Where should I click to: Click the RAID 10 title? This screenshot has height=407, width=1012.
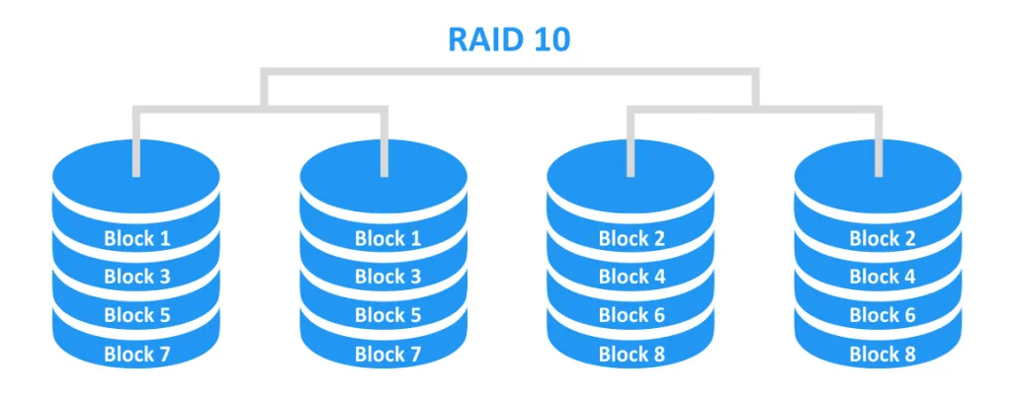(509, 40)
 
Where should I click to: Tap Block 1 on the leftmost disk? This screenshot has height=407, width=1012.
(137, 238)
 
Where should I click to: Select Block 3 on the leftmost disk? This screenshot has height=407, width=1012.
(137, 277)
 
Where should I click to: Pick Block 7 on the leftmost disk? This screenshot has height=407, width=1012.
(137, 354)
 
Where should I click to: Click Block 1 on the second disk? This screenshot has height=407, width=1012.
(387, 238)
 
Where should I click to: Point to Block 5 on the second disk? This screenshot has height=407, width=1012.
(387, 315)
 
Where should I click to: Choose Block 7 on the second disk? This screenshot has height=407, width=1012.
(387, 354)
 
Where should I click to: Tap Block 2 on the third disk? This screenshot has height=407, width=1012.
(632, 238)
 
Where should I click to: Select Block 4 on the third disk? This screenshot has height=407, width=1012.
(632, 277)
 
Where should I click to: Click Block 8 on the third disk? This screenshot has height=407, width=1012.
(632, 354)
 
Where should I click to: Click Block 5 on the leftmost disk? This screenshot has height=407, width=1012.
(137, 315)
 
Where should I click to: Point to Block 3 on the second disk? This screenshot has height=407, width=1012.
(387, 277)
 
